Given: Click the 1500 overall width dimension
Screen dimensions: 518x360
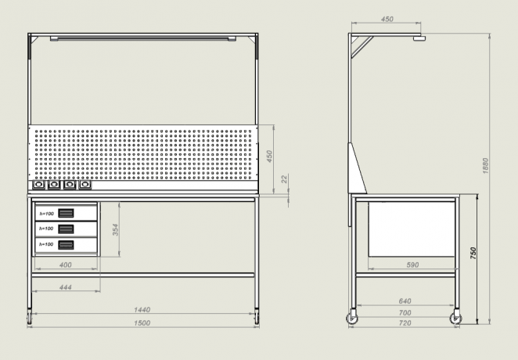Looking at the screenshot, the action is point(142,322).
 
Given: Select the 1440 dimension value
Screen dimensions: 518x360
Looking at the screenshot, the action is point(142,310).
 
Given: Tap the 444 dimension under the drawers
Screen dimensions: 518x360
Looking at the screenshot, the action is point(66,287).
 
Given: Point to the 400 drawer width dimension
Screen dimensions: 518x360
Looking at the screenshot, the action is point(66,265).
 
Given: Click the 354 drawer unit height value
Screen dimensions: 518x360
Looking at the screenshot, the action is point(115,229).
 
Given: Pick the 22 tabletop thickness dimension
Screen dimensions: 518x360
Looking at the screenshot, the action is point(285,179).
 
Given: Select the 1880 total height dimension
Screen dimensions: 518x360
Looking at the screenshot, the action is point(485,166).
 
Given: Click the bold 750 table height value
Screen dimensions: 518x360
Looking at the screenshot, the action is point(473,253).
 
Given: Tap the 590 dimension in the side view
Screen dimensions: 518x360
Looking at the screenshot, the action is point(412,265).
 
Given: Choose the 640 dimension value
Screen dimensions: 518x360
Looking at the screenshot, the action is point(405,301).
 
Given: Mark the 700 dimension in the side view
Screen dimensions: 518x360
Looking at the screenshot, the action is point(405,313).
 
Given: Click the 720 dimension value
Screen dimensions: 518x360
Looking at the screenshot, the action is point(405,323).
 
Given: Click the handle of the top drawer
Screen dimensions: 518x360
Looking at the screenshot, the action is point(66,213).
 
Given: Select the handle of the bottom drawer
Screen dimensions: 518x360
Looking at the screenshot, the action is point(66,245).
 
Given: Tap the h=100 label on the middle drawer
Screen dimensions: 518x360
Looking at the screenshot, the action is point(46,229).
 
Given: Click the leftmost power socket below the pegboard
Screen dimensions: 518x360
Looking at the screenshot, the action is point(38,185).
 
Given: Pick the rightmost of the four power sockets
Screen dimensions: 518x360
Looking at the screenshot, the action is point(85,185).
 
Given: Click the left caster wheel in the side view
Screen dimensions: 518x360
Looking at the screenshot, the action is point(352,319).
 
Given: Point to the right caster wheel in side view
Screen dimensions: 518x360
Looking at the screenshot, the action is point(456,319).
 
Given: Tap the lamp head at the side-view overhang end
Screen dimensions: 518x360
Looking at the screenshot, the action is point(419,38).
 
